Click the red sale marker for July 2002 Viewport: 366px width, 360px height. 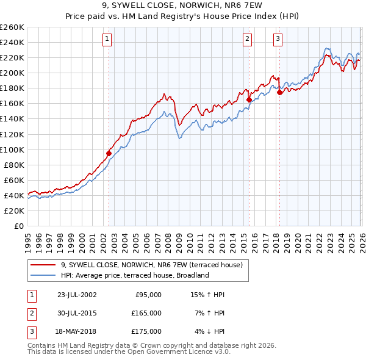point(109,153)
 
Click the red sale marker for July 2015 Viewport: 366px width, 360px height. point(249,99)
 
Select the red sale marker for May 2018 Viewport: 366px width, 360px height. point(279,92)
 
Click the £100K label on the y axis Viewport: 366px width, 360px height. point(12,149)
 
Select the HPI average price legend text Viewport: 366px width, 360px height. point(135,275)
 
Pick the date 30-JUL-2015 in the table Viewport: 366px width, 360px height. point(76,313)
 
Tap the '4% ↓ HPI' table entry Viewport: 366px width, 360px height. point(209,331)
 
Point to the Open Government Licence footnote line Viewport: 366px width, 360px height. point(129,351)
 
